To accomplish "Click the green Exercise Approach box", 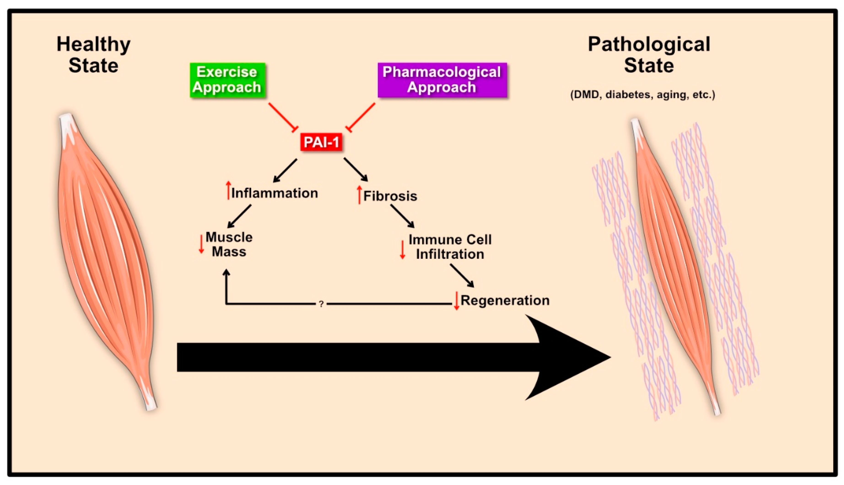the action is point(228,80).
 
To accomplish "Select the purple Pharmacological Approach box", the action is point(442,80).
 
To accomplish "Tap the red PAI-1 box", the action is point(321,142).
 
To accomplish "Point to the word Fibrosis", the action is point(390,196).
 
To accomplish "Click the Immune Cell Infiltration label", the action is point(450,247).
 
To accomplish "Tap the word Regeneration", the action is point(505,301).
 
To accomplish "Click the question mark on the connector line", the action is point(321,304).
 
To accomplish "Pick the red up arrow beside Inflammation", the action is point(228,190).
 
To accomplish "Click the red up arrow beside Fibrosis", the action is point(359,195).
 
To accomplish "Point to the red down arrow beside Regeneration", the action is point(457,301).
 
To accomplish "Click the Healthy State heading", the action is point(94,54).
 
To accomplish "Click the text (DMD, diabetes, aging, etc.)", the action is point(643,95).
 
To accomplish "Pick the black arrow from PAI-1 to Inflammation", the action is point(285,171).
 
